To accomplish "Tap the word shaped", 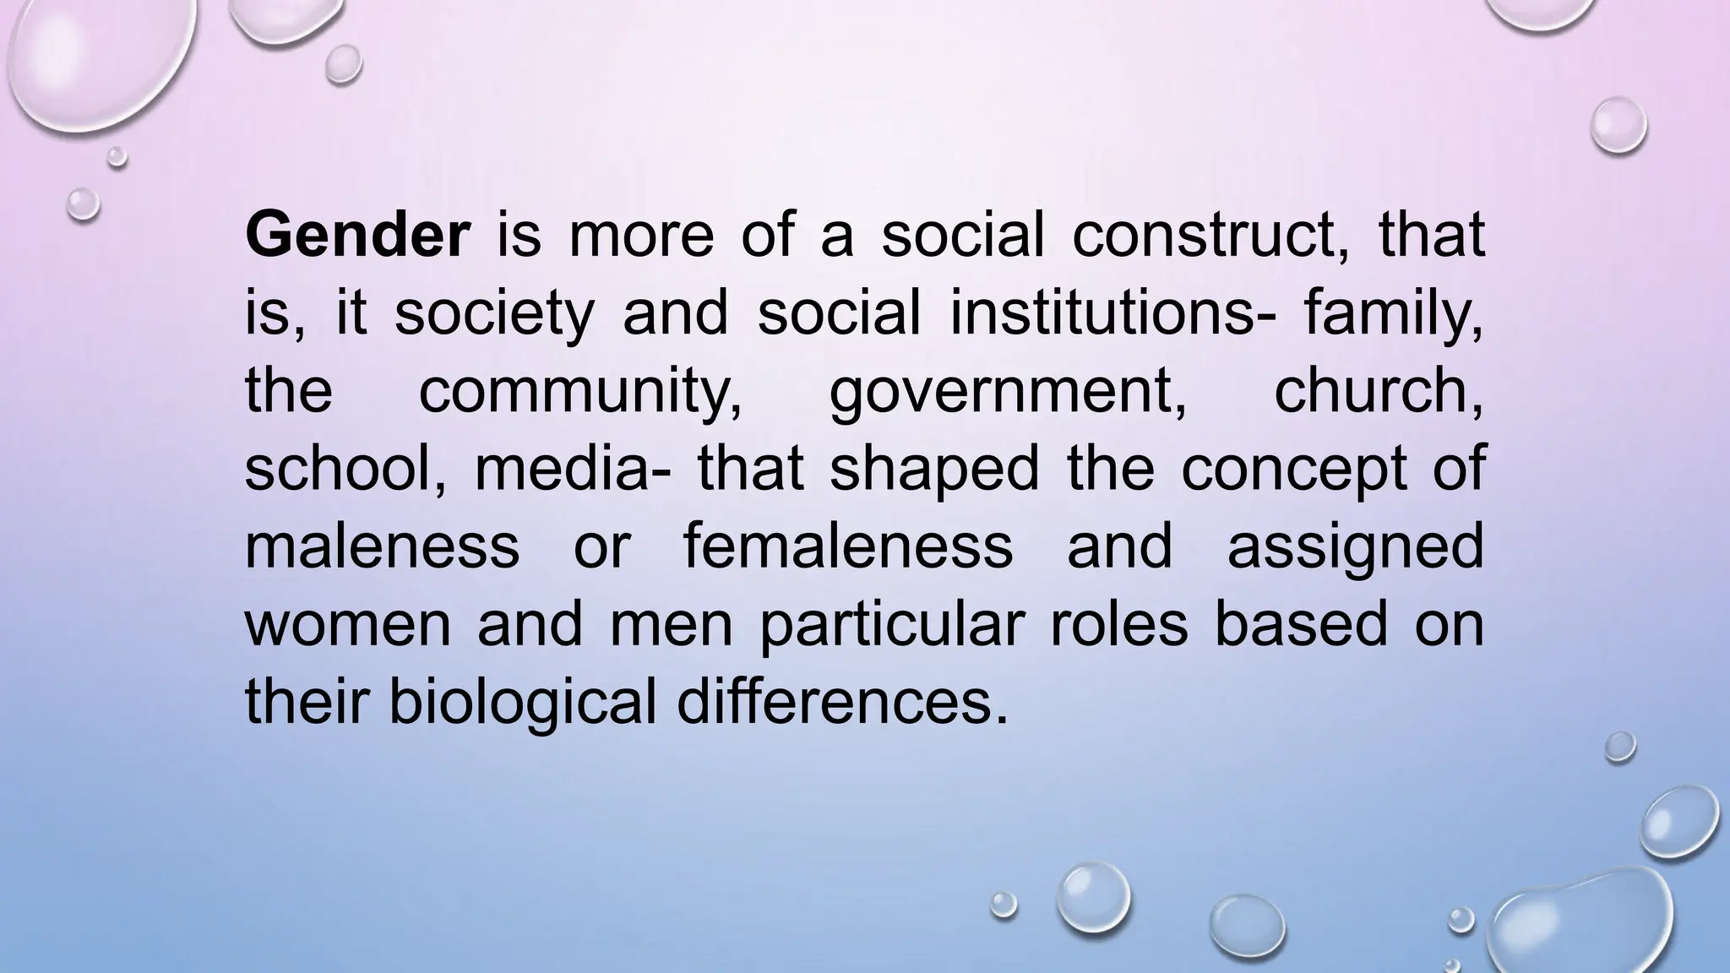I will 934,470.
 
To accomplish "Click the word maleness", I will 382,547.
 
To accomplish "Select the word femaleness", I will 847,547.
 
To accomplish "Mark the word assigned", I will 1355,547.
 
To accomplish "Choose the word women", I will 347,625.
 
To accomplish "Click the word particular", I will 892,625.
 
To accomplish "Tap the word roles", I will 1119,625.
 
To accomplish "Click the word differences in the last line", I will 841,703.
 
